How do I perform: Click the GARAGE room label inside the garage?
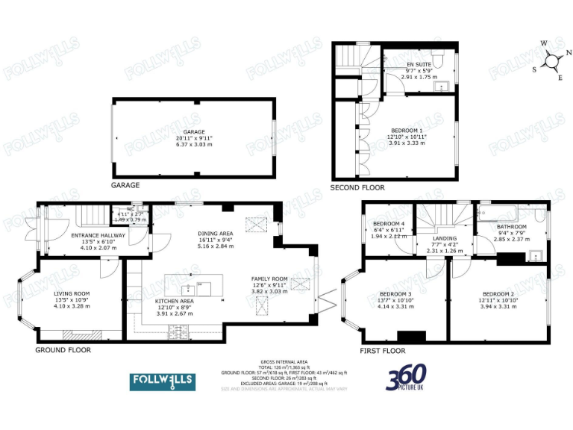(x=194, y=131)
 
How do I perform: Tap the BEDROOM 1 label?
(x=408, y=130)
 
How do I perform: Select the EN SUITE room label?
(x=418, y=65)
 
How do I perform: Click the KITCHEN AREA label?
(x=174, y=301)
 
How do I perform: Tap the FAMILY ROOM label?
(x=269, y=278)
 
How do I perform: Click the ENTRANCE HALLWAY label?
(x=98, y=236)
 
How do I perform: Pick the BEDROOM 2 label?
(x=498, y=293)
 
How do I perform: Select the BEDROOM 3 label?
(x=395, y=293)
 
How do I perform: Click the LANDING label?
(x=445, y=238)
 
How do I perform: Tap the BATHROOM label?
(x=512, y=227)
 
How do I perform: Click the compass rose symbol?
(x=552, y=61)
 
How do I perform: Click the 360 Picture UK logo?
(x=407, y=379)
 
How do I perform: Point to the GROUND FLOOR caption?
(x=63, y=349)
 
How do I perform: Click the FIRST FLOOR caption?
(x=383, y=350)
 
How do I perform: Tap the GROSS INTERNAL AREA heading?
(x=284, y=360)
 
